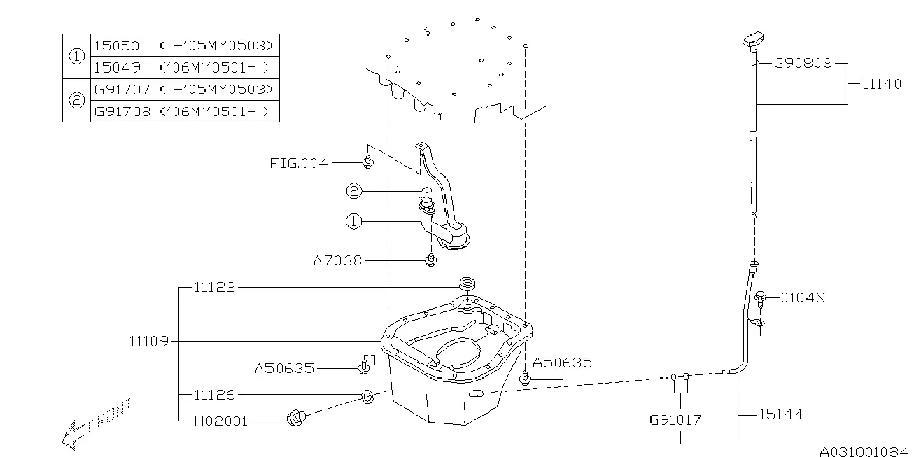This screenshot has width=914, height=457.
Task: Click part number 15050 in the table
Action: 117,45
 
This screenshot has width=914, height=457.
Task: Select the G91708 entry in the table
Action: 122,111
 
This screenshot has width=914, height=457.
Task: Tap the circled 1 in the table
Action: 77,56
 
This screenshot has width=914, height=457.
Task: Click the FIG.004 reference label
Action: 298,163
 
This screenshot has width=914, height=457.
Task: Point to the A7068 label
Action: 337,260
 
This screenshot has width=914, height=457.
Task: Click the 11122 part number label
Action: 215,287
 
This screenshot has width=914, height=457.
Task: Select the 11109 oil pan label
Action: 148,341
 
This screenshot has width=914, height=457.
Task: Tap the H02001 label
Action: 220,421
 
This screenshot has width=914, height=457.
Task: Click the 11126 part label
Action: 215,395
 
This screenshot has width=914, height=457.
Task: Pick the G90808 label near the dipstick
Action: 803,63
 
